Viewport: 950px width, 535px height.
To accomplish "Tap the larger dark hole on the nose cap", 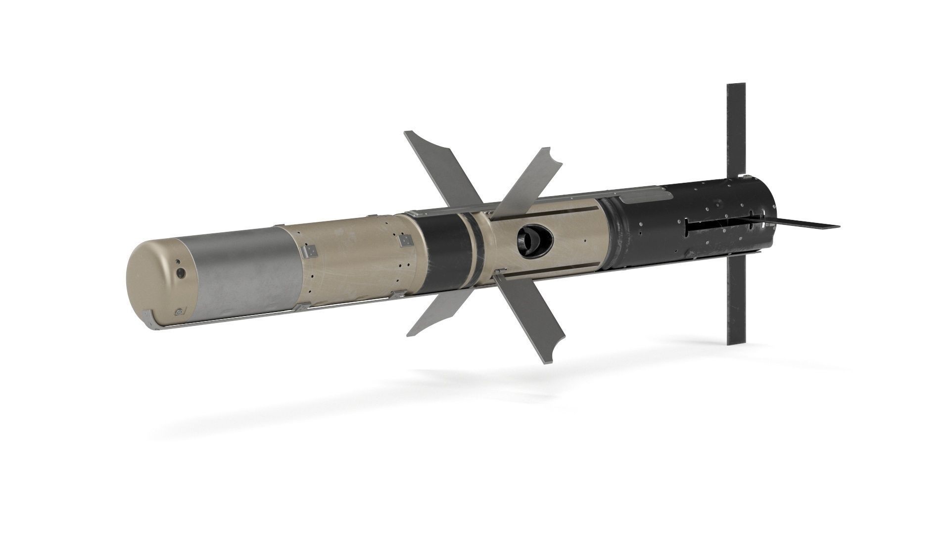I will (x=181, y=272).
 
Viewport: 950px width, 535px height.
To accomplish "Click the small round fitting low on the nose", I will (x=179, y=312).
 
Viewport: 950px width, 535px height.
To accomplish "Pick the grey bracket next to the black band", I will (x=405, y=240).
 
